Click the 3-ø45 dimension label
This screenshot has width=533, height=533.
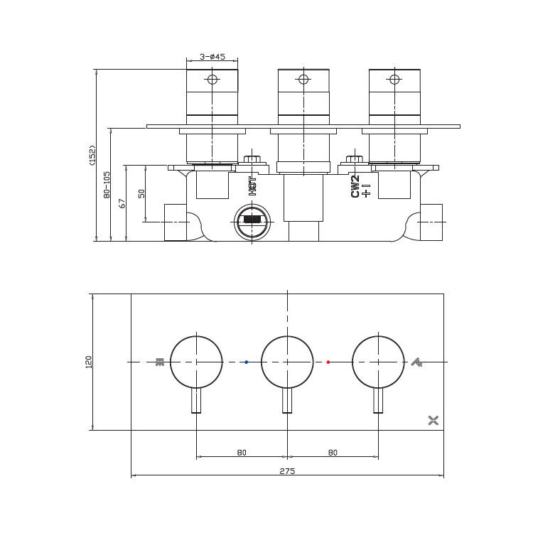212,56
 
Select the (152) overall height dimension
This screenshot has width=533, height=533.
92,156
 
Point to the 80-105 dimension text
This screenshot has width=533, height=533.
107,185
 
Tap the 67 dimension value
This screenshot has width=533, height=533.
122,203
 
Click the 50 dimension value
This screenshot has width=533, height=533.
141,193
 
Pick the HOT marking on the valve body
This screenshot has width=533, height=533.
252,186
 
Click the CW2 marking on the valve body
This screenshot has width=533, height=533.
355,186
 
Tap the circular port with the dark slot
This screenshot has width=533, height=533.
252,222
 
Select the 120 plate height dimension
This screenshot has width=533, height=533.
88,362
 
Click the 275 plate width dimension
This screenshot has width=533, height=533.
287,471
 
